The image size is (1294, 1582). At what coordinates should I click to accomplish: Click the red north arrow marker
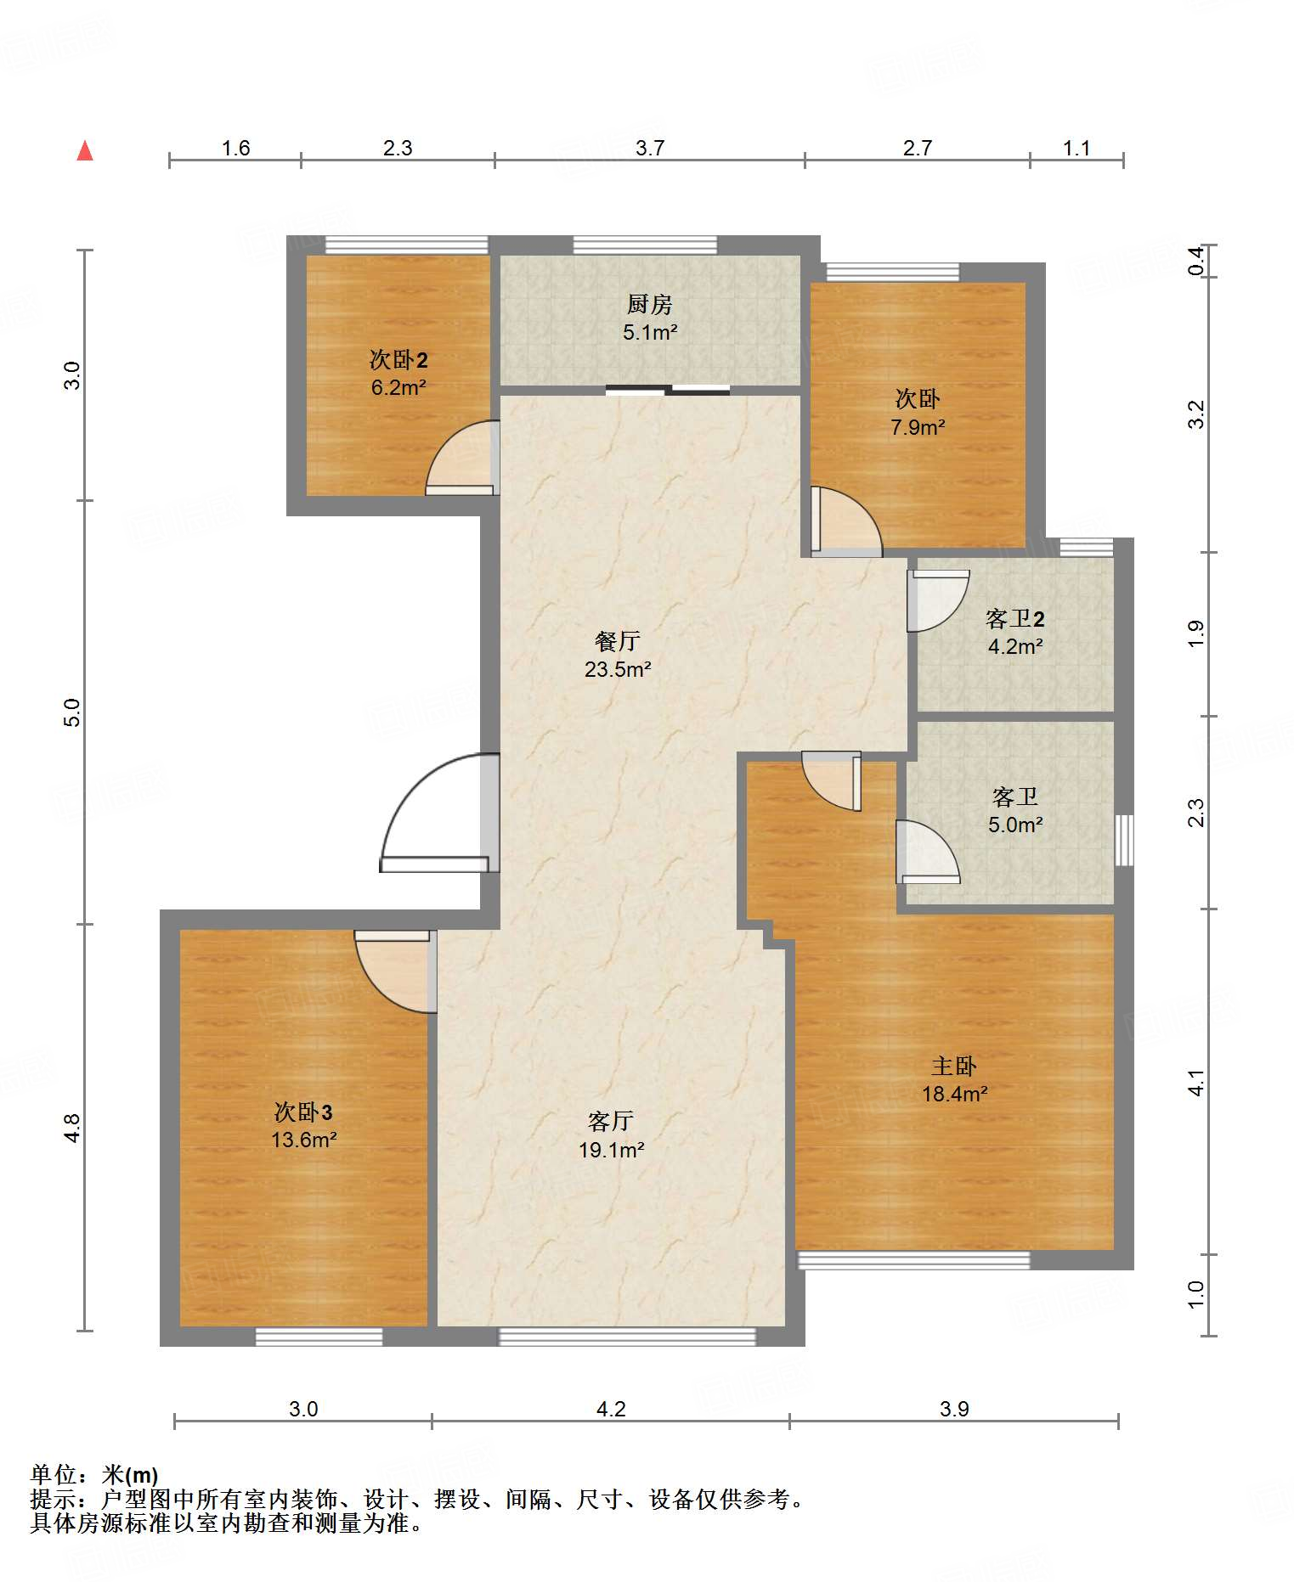point(85,151)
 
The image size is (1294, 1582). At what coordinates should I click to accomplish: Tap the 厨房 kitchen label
point(650,303)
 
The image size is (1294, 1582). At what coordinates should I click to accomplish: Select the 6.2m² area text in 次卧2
point(398,388)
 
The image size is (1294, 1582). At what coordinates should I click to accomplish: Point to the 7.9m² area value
point(918,427)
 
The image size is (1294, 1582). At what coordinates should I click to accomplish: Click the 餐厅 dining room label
point(618,640)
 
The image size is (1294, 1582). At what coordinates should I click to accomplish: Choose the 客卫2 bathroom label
point(1015,617)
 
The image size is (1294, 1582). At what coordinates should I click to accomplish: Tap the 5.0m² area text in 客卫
point(1015,825)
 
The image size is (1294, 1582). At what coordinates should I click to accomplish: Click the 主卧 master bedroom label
point(954,1066)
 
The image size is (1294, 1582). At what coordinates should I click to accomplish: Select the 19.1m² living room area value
point(612,1150)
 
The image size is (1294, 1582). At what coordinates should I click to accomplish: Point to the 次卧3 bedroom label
point(303,1112)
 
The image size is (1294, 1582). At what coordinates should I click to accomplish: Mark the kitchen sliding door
point(668,391)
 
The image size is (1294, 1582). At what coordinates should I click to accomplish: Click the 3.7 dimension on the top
point(650,148)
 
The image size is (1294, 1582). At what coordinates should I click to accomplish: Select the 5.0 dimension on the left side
point(72,712)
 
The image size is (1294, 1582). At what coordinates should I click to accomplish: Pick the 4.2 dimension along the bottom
point(611,1410)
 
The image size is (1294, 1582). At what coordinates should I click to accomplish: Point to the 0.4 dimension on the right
point(1196,260)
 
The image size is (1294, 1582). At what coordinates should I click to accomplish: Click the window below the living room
point(627,1337)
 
